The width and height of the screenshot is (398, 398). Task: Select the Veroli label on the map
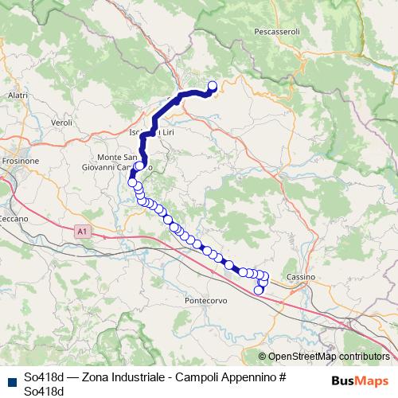[61, 123]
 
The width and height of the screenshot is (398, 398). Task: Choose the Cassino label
[302, 276]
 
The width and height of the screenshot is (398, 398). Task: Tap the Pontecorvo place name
[206, 302]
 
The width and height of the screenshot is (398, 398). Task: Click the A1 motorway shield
[81, 232]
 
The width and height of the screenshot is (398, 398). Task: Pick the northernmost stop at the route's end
[213, 87]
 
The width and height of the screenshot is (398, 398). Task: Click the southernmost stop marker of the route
[258, 290]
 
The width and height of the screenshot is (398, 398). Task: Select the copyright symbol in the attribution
[262, 357]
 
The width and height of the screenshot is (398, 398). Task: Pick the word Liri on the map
[167, 131]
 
